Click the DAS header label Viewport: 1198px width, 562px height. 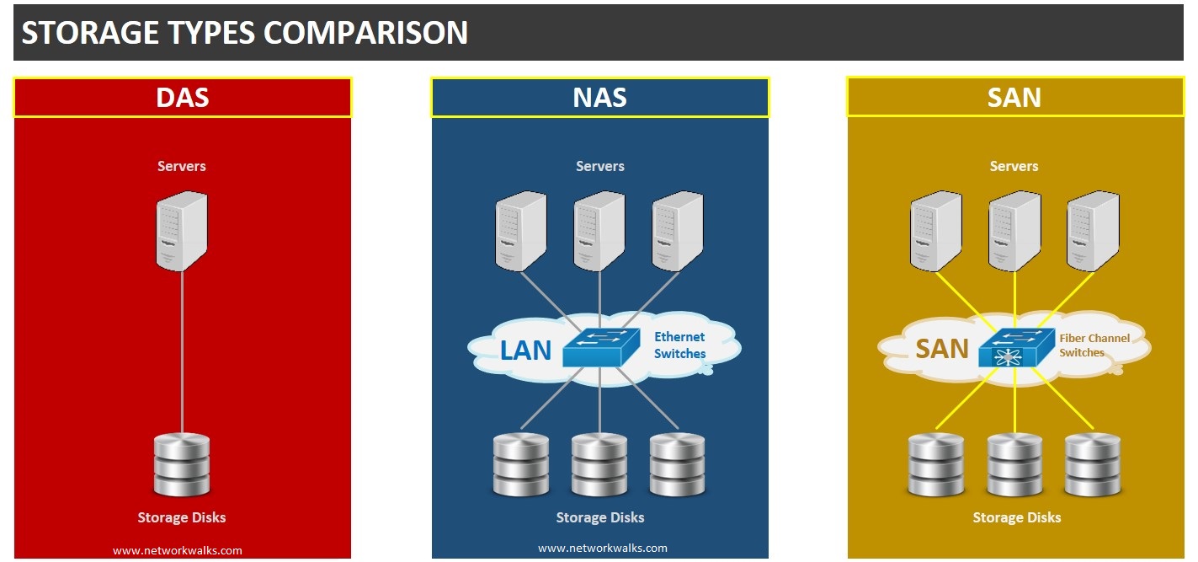tap(182, 98)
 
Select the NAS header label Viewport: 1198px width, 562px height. tap(599, 98)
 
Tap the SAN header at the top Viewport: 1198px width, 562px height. tap(1014, 98)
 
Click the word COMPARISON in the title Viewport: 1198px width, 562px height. tap(365, 33)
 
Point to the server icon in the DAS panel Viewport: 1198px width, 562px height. tap(181, 230)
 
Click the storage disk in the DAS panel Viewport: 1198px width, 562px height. tap(181, 464)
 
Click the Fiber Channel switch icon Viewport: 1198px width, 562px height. tap(1017, 347)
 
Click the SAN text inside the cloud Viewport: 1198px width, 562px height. tap(941, 349)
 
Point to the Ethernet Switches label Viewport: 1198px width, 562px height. tap(679, 345)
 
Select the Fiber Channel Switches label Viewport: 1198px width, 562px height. tap(1094, 345)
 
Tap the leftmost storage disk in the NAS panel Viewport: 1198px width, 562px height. tap(521, 465)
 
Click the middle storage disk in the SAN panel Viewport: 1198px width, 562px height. tap(1014, 465)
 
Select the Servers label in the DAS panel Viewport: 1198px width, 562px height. tap(182, 166)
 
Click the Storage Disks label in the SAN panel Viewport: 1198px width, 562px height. tap(1016, 517)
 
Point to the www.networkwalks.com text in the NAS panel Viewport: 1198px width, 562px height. tap(602, 548)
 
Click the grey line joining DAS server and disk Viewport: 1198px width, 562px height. tap(182, 354)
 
